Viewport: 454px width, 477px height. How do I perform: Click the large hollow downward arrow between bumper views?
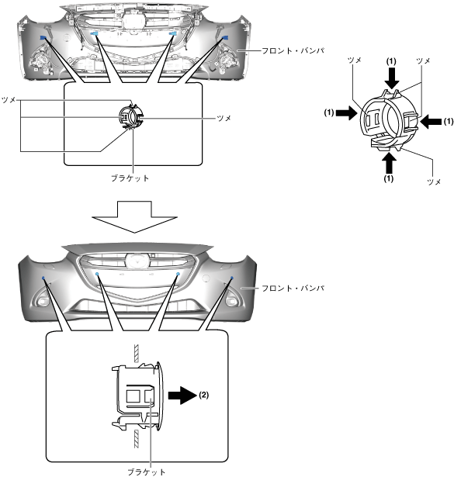[134, 216]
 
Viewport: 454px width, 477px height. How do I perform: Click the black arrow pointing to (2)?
[182, 395]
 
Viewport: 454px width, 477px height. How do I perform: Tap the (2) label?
[203, 395]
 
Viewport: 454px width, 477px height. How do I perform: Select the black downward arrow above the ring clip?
[392, 78]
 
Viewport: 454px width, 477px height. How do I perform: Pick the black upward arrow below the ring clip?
[389, 162]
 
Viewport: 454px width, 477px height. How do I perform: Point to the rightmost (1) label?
[449, 122]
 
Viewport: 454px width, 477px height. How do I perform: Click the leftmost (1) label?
[329, 113]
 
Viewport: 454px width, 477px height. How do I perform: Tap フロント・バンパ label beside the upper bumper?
[293, 50]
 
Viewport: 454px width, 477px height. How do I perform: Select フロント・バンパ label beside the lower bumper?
[293, 288]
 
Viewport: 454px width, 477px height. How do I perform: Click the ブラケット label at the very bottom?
[147, 472]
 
